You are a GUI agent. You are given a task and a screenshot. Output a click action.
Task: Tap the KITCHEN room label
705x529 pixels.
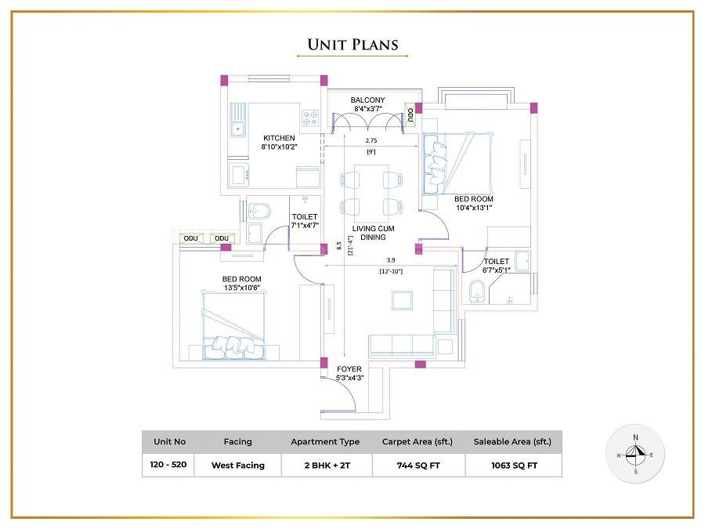(279, 138)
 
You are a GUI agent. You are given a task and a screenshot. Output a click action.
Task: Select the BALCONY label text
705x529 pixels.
(367, 100)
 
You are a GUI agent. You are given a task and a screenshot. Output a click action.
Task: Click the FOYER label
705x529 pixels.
(349, 369)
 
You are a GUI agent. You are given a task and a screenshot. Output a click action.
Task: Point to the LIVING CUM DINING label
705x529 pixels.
(373, 233)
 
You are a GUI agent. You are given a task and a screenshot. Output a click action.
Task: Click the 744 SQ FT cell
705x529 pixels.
(411, 465)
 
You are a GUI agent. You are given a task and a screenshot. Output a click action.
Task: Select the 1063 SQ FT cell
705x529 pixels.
(513, 465)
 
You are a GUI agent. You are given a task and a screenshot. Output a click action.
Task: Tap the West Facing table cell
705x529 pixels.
(237, 465)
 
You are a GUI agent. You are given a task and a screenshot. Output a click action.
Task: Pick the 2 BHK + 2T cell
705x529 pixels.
(325, 465)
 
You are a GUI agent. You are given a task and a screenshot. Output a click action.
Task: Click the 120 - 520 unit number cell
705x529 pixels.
(168, 464)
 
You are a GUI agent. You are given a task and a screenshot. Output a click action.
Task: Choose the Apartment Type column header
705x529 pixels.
(325, 442)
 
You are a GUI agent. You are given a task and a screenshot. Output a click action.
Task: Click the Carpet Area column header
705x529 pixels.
(411, 442)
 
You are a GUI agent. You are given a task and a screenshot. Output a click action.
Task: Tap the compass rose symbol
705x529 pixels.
(635, 455)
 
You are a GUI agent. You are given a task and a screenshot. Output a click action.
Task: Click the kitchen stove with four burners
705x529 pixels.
(310, 118)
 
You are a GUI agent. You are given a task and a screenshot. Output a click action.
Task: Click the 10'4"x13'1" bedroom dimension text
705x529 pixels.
(474, 208)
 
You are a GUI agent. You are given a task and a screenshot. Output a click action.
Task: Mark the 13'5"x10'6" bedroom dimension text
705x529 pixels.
(241, 288)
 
